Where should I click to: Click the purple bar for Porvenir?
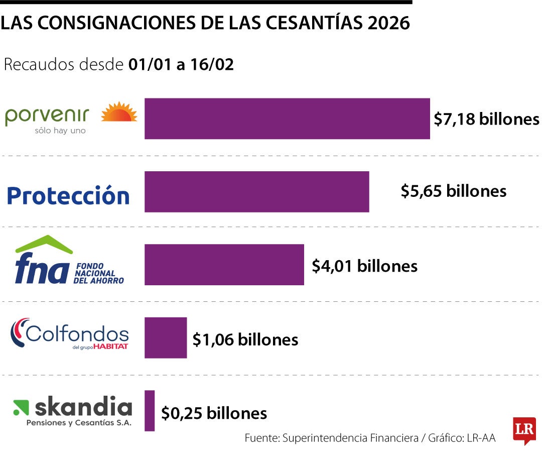(x=287, y=119)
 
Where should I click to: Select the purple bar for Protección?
(x=256, y=191)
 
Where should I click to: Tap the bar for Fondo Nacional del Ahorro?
(x=224, y=265)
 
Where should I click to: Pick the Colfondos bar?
(x=166, y=337)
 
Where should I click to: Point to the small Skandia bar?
(x=150, y=410)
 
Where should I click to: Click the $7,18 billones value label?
(x=486, y=119)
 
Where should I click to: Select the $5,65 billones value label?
(x=453, y=191)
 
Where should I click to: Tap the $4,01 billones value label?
(x=364, y=265)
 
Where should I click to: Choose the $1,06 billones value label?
(x=245, y=340)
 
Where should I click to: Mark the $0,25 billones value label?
(x=214, y=413)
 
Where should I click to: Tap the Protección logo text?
(x=68, y=195)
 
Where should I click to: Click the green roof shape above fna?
(x=44, y=244)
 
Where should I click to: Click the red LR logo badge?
(x=524, y=430)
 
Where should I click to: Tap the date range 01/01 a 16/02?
(x=181, y=65)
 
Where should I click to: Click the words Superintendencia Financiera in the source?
(x=350, y=438)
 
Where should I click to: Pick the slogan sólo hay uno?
(x=60, y=131)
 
